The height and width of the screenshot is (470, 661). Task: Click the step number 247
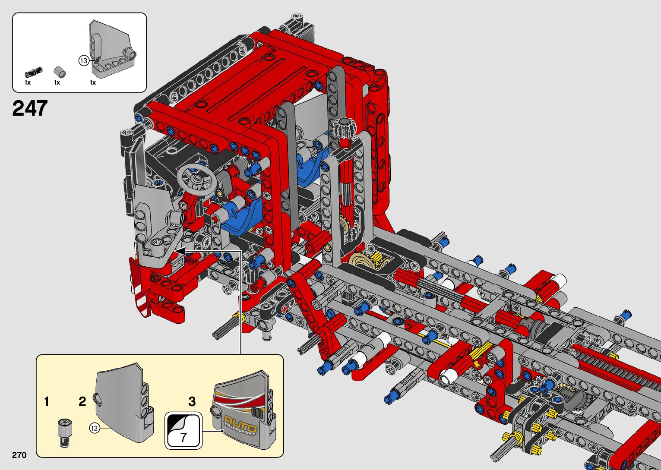point(30,108)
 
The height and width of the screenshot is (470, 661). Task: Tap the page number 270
point(19,455)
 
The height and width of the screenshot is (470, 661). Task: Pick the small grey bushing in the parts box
point(60,73)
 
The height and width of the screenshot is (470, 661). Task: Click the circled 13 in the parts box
point(83,61)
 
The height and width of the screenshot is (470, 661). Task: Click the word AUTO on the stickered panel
point(240,423)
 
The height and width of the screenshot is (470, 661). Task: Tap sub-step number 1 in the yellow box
point(46,401)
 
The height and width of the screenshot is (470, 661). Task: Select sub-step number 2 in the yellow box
point(82,401)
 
